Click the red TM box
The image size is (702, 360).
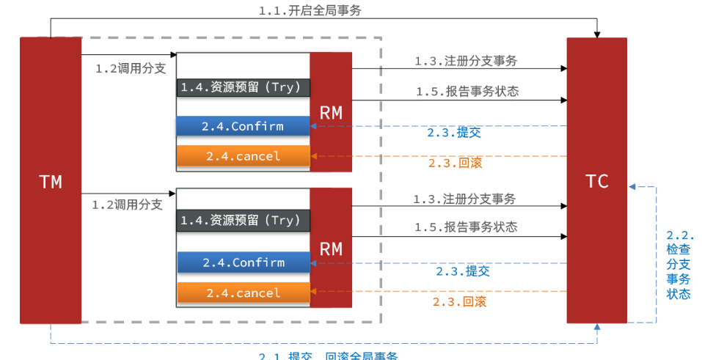pyautogui.click(x=50, y=180)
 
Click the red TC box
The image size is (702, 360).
pyautogui.click(x=596, y=180)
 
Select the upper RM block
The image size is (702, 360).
pyautogui.click(x=330, y=111)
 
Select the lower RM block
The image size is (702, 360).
pyautogui.click(x=330, y=248)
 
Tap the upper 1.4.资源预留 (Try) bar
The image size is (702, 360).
pyautogui.click(x=243, y=87)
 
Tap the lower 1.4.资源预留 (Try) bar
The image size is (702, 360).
pyautogui.click(x=243, y=220)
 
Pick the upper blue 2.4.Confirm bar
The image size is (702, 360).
pyautogui.click(x=243, y=126)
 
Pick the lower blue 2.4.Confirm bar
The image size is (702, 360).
pyautogui.click(x=243, y=262)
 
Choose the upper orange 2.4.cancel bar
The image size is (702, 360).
pyautogui.click(x=243, y=156)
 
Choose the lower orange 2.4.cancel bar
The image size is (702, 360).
pyautogui.click(x=243, y=293)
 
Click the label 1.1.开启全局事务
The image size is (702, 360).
pyautogui.click(x=310, y=10)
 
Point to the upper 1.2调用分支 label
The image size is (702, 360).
pyautogui.click(x=130, y=68)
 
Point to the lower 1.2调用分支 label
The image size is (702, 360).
pyautogui.click(x=127, y=205)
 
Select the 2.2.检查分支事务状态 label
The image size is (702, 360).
pyautogui.click(x=679, y=265)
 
